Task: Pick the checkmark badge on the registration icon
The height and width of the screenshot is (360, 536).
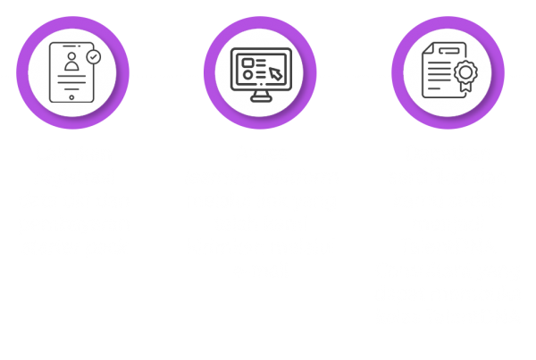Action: (x=93, y=56)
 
